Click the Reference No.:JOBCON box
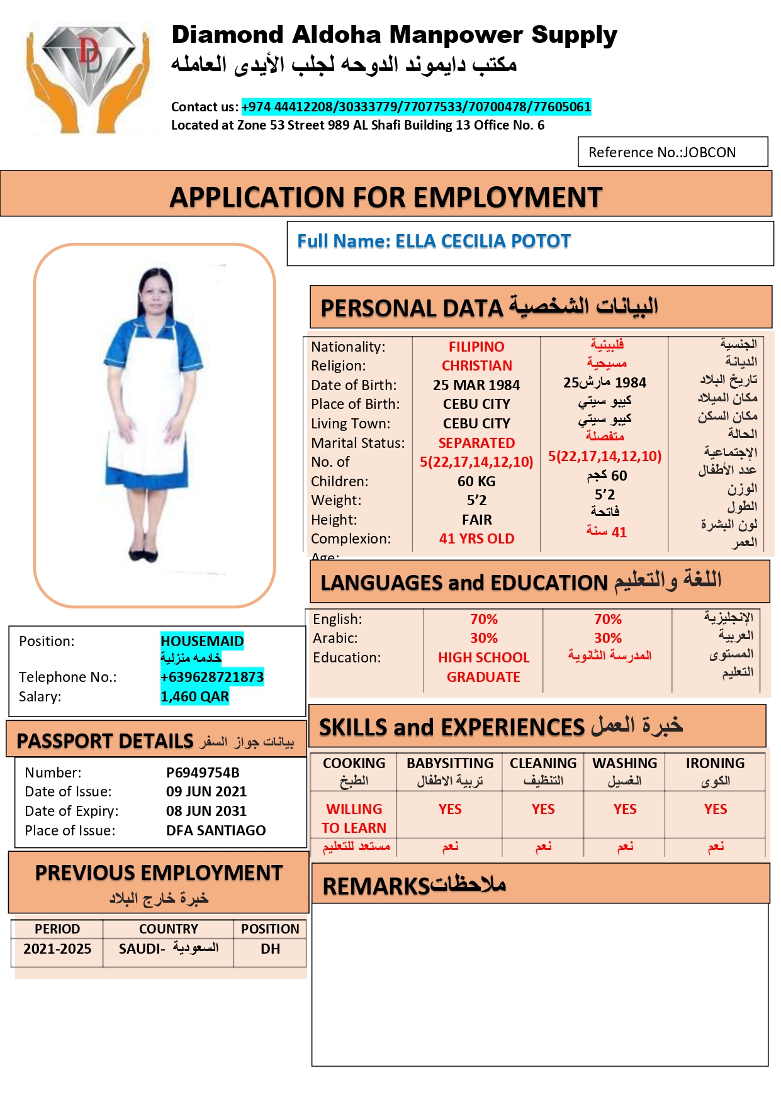coord(672,152)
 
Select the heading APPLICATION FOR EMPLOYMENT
coord(386,197)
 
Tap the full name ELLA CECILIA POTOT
coord(434,242)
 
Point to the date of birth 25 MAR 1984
coord(476,385)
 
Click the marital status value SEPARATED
coord(476,443)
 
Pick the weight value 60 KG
coord(476,481)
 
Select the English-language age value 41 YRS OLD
coord(476,538)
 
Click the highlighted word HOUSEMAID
coord(202,641)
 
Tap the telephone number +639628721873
coord(212,677)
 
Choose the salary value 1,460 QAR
coord(194,696)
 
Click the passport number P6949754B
coord(203,772)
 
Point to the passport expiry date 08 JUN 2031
coord(206,811)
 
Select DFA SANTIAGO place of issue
coord(216,830)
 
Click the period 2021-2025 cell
coord(57,949)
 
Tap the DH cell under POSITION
coord(271,949)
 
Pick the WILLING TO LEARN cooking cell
coord(354,818)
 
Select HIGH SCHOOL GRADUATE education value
coord(483,667)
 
